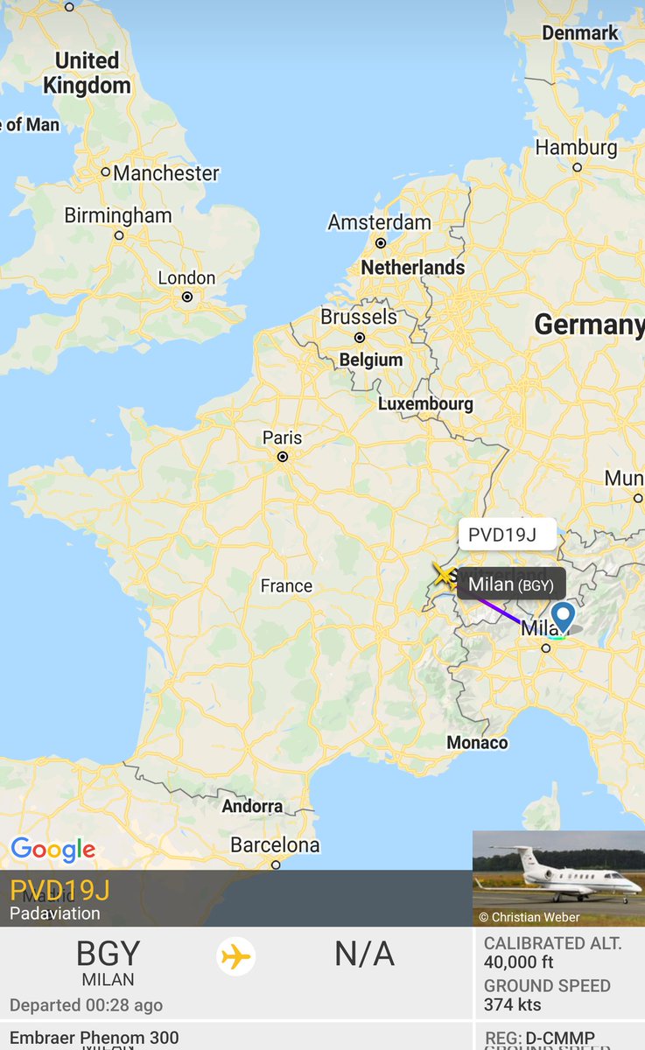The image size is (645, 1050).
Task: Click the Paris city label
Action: point(282,438)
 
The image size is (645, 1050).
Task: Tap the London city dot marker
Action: point(187,297)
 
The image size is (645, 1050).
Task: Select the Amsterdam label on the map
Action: point(379,223)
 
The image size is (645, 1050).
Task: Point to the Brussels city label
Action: point(359,317)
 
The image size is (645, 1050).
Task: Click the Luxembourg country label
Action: point(425,404)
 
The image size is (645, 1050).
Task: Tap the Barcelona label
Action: point(275,845)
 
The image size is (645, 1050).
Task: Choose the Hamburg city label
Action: point(576,148)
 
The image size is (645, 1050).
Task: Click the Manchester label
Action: point(165,173)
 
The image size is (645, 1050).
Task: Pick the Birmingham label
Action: point(118,216)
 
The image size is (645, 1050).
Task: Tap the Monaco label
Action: point(477,743)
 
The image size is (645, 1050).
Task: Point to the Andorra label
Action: point(252,806)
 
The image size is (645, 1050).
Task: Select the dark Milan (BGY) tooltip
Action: point(510,584)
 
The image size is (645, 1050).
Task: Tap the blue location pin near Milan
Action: point(563,616)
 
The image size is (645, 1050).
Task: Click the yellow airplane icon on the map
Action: point(445,575)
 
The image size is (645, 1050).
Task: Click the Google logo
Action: point(53,849)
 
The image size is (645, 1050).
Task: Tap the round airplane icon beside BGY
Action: point(235,956)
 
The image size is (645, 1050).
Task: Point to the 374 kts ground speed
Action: point(513,1004)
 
